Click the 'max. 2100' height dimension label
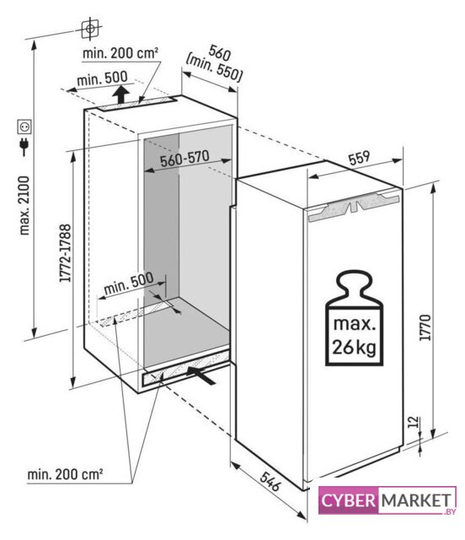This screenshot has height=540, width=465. coord(24,206)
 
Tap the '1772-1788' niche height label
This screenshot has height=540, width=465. coord(65,253)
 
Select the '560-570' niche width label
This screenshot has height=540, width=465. coord(184,159)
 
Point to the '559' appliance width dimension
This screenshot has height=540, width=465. coord(359,158)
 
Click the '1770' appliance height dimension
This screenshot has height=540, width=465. coord(425,327)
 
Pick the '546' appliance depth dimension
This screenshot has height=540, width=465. coord(270,482)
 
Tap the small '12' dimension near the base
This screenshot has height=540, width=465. coord(414,422)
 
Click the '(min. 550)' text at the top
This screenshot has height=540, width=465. coord(214,67)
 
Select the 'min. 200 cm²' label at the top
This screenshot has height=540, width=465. coord(120,52)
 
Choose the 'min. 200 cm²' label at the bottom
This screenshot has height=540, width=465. coord(66,474)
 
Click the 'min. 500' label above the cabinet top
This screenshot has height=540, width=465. coord(102,78)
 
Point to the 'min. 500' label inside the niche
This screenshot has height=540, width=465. coord(129,283)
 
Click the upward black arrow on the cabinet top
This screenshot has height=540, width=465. coord(120,94)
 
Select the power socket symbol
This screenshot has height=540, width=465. coord(24,127)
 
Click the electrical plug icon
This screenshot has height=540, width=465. coord(24,147)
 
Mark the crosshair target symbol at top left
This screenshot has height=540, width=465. coord(90,29)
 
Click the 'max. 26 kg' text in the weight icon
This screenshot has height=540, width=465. coord(354,336)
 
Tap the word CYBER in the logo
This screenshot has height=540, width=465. coord(349,500)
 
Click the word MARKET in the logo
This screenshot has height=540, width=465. coord(416,500)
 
